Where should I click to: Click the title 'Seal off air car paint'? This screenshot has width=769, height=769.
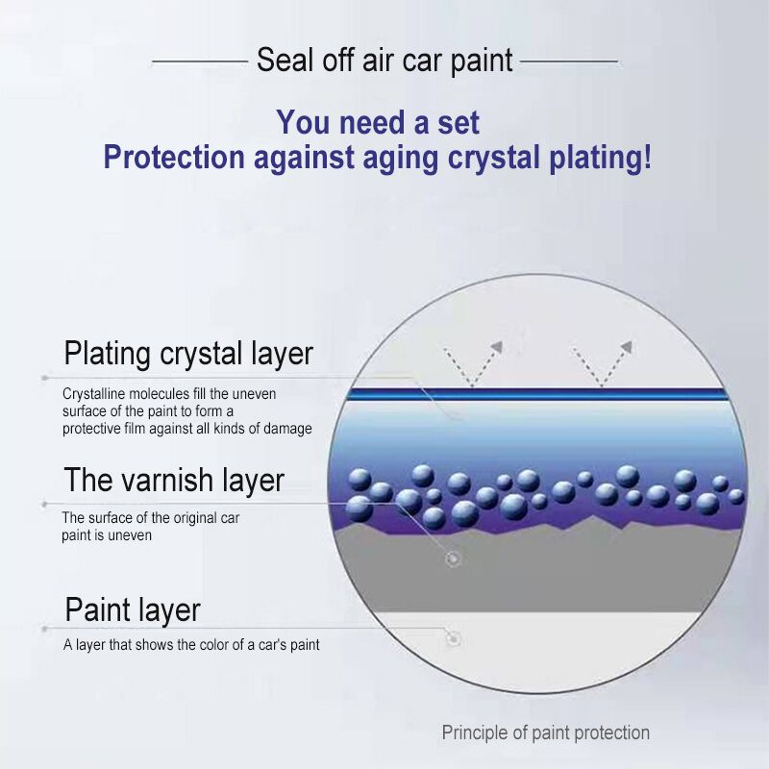click(x=384, y=61)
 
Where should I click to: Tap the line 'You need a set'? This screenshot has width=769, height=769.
click(x=378, y=122)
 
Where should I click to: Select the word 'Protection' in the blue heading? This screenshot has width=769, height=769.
click(x=174, y=157)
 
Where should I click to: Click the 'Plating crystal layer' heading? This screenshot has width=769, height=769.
click(x=188, y=354)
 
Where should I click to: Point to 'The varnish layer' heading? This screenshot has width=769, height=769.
click(x=174, y=480)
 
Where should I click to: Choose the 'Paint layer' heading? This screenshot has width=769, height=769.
click(x=133, y=610)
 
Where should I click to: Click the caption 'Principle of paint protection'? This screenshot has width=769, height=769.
click(x=545, y=732)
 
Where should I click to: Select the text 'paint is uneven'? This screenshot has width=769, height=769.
click(x=107, y=535)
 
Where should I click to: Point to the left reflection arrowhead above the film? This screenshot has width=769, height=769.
click(x=497, y=347)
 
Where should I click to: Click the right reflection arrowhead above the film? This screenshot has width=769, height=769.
click(x=627, y=347)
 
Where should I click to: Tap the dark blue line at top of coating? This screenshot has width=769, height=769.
click(x=536, y=393)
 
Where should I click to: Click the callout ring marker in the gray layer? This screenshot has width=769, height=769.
click(x=453, y=558)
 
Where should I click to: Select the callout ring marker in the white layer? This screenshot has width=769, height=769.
click(x=454, y=638)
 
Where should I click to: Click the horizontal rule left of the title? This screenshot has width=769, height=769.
click(x=200, y=62)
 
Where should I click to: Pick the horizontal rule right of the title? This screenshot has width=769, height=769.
click(x=569, y=62)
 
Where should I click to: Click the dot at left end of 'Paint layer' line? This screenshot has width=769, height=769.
click(x=44, y=629)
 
